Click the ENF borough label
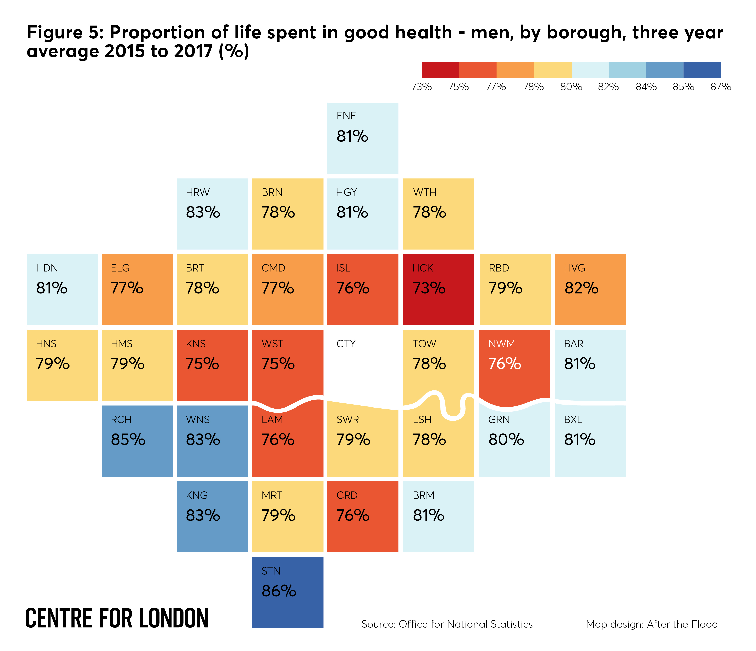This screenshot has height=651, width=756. (346, 116)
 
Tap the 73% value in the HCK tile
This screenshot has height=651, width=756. (429, 288)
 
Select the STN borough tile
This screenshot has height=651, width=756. (288, 593)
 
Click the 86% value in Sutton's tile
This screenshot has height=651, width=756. (279, 591)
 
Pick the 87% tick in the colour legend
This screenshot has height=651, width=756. (721, 87)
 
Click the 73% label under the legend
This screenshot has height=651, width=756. (422, 87)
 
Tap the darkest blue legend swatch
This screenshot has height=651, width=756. (702, 70)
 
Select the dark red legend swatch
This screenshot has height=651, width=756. (440, 70)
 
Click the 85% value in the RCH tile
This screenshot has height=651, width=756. (128, 439)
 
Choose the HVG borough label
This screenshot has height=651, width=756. (574, 268)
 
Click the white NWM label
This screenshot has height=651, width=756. (502, 344)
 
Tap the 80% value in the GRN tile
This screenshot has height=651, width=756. (506, 439)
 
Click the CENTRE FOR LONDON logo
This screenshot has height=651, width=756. (117, 619)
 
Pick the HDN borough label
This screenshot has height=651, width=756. (47, 268)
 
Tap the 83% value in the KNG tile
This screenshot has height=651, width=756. (203, 515)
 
